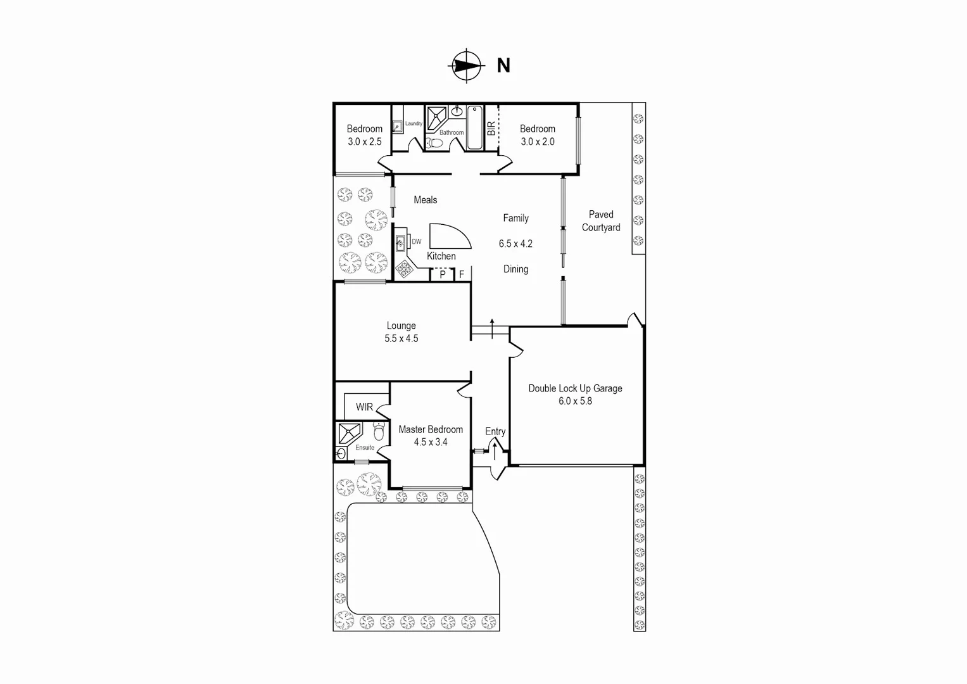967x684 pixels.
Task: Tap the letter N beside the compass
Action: click(x=503, y=66)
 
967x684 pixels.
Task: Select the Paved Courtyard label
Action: click(x=601, y=221)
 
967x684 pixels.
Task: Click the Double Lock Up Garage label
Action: click(x=575, y=388)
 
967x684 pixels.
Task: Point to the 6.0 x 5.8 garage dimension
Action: click(x=575, y=401)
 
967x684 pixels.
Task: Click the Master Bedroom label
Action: click(x=431, y=429)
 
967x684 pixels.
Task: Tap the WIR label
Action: click(x=364, y=407)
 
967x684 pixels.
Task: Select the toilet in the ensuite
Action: click(x=379, y=432)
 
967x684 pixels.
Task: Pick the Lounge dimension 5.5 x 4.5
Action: click(x=401, y=339)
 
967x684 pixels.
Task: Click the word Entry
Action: click(x=495, y=431)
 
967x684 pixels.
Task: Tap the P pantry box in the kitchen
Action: click(x=443, y=275)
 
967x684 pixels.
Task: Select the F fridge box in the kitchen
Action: click(x=462, y=275)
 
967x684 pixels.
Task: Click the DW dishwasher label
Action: click(x=417, y=242)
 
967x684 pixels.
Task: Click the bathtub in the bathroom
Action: click(x=474, y=128)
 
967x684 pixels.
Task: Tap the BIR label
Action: click(x=491, y=129)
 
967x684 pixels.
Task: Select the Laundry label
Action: click(x=414, y=123)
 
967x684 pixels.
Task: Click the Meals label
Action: click(x=425, y=200)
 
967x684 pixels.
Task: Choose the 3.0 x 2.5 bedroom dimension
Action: click(x=364, y=142)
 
